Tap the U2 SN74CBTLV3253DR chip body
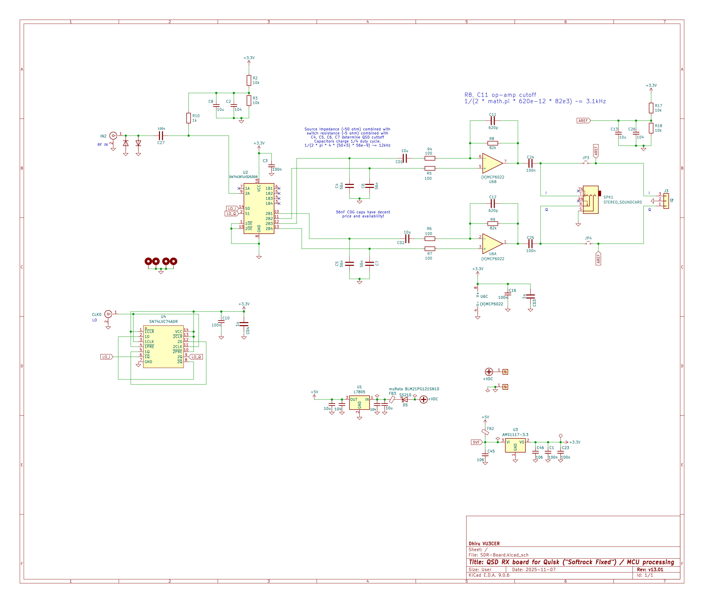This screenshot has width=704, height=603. click(259, 209)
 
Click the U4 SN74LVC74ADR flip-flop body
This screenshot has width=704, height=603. click(163, 347)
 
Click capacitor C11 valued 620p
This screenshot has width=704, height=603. click(493, 121)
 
